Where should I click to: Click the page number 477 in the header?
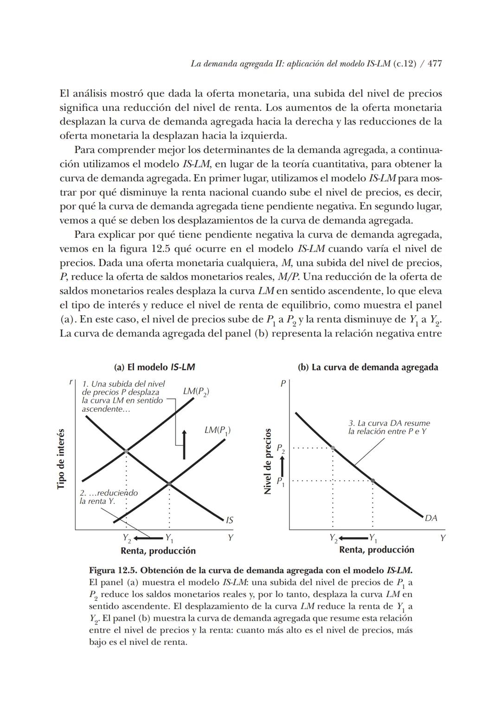tap(434, 64)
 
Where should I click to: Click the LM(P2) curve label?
tap(196, 392)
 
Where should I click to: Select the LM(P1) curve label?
tap(217, 431)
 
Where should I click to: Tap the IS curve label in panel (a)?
tap(229, 520)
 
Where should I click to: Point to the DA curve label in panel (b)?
tap(431, 518)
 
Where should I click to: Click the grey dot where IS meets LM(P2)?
tap(126, 451)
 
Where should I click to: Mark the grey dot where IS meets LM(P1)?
tap(169, 483)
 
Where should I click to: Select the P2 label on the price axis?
tap(281, 449)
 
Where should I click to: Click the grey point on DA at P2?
tap(333, 448)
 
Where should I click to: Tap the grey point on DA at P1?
tap(373, 480)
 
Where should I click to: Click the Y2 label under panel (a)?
tap(127, 538)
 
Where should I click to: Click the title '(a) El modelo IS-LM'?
tap(154, 367)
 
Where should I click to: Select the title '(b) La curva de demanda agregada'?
tap(367, 367)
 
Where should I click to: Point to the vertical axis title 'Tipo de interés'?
tap(61, 458)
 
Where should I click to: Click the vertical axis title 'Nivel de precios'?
tap(267, 461)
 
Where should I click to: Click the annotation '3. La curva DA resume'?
tap(389, 423)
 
